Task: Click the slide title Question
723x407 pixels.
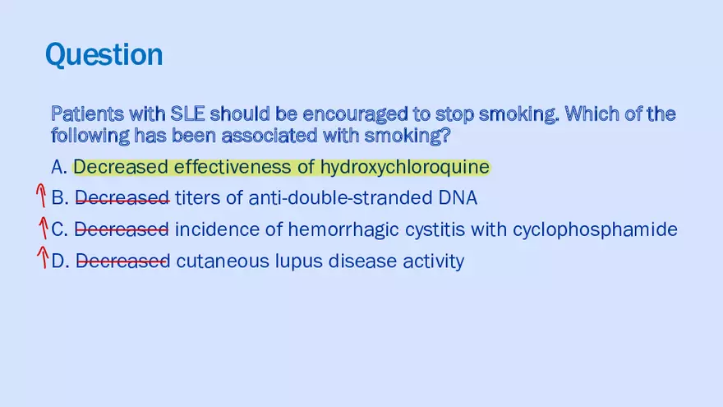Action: (104, 55)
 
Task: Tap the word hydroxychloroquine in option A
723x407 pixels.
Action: (404, 168)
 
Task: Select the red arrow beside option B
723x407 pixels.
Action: (39, 197)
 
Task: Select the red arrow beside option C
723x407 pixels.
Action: (42, 228)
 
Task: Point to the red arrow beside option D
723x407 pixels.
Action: (42, 259)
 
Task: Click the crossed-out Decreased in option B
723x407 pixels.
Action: (122, 198)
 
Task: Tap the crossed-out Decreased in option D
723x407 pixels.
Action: (122, 261)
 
